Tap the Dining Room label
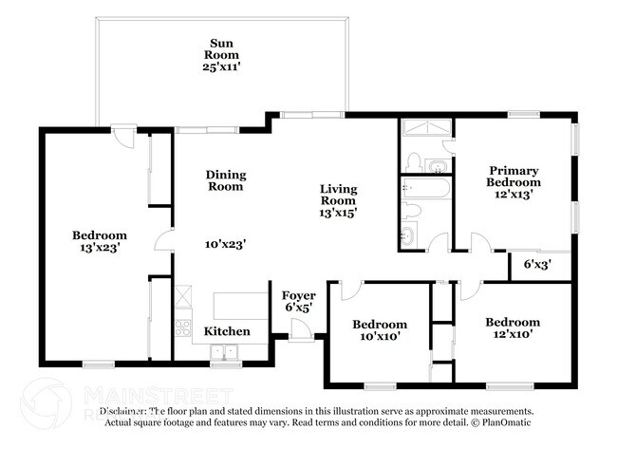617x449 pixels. click(227, 180)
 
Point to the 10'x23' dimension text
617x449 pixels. click(227, 244)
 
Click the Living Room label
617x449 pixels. click(338, 196)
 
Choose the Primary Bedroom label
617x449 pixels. click(514, 175)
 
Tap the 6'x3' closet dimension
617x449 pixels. click(537, 265)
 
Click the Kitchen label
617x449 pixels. click(227, 331)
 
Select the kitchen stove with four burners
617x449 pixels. click(182, 330)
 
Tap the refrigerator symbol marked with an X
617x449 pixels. click(182, 298)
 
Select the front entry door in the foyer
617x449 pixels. click(302, 331)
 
